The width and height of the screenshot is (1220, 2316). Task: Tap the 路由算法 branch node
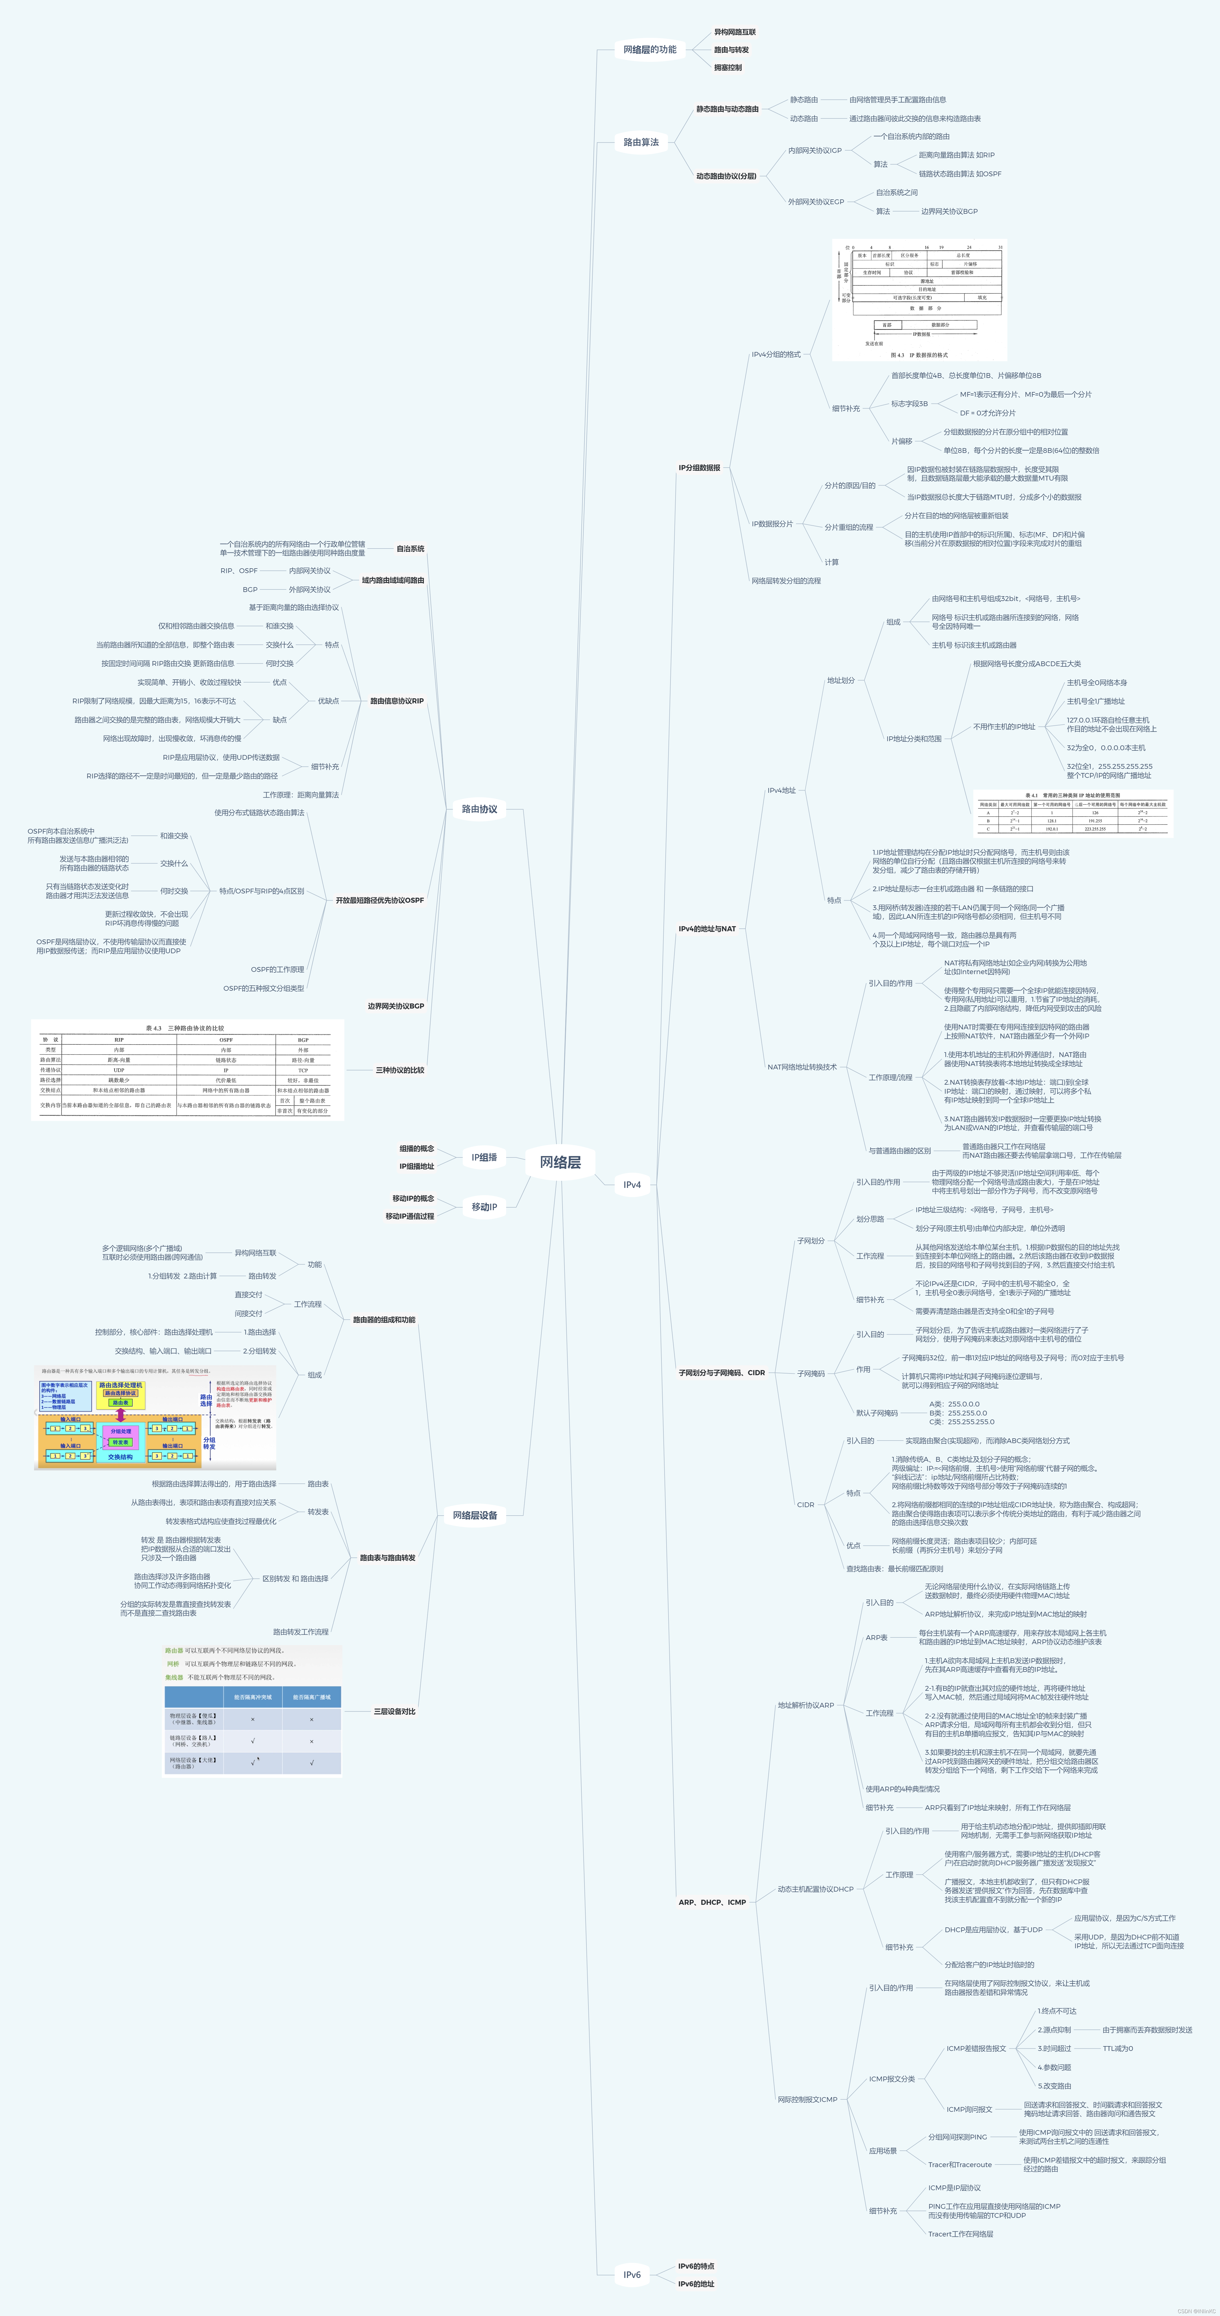(x=641, y=142)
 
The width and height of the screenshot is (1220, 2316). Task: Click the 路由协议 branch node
(x=479, y=809)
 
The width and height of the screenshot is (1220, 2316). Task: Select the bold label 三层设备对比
(x=395, y=1711)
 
